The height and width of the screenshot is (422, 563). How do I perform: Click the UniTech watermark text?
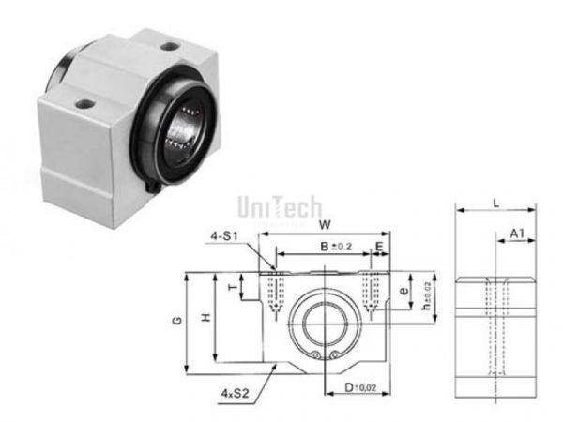click(x=280, y=205)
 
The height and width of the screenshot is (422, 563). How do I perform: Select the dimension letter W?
click(x=325, y=225)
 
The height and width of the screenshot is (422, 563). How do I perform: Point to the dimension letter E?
click(x=379, y=247)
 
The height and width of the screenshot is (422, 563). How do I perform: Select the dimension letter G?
click(x=177, y=322)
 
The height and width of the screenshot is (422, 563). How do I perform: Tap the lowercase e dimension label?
click(x=404, y=291)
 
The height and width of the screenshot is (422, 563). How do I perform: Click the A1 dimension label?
click(x=516, y=233)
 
